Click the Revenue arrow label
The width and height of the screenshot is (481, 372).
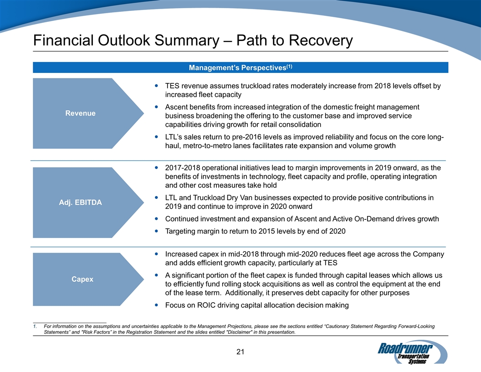80,113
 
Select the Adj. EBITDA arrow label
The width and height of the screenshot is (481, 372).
81,202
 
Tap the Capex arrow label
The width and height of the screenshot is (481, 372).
82,279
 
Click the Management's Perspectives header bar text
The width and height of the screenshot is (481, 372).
237,68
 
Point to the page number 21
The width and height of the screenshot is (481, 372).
241,351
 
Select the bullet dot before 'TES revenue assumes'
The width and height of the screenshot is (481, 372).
157,86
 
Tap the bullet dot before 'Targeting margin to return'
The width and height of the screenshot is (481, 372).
157,231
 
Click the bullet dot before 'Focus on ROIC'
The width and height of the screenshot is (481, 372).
157,305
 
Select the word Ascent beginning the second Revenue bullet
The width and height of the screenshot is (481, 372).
178,107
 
